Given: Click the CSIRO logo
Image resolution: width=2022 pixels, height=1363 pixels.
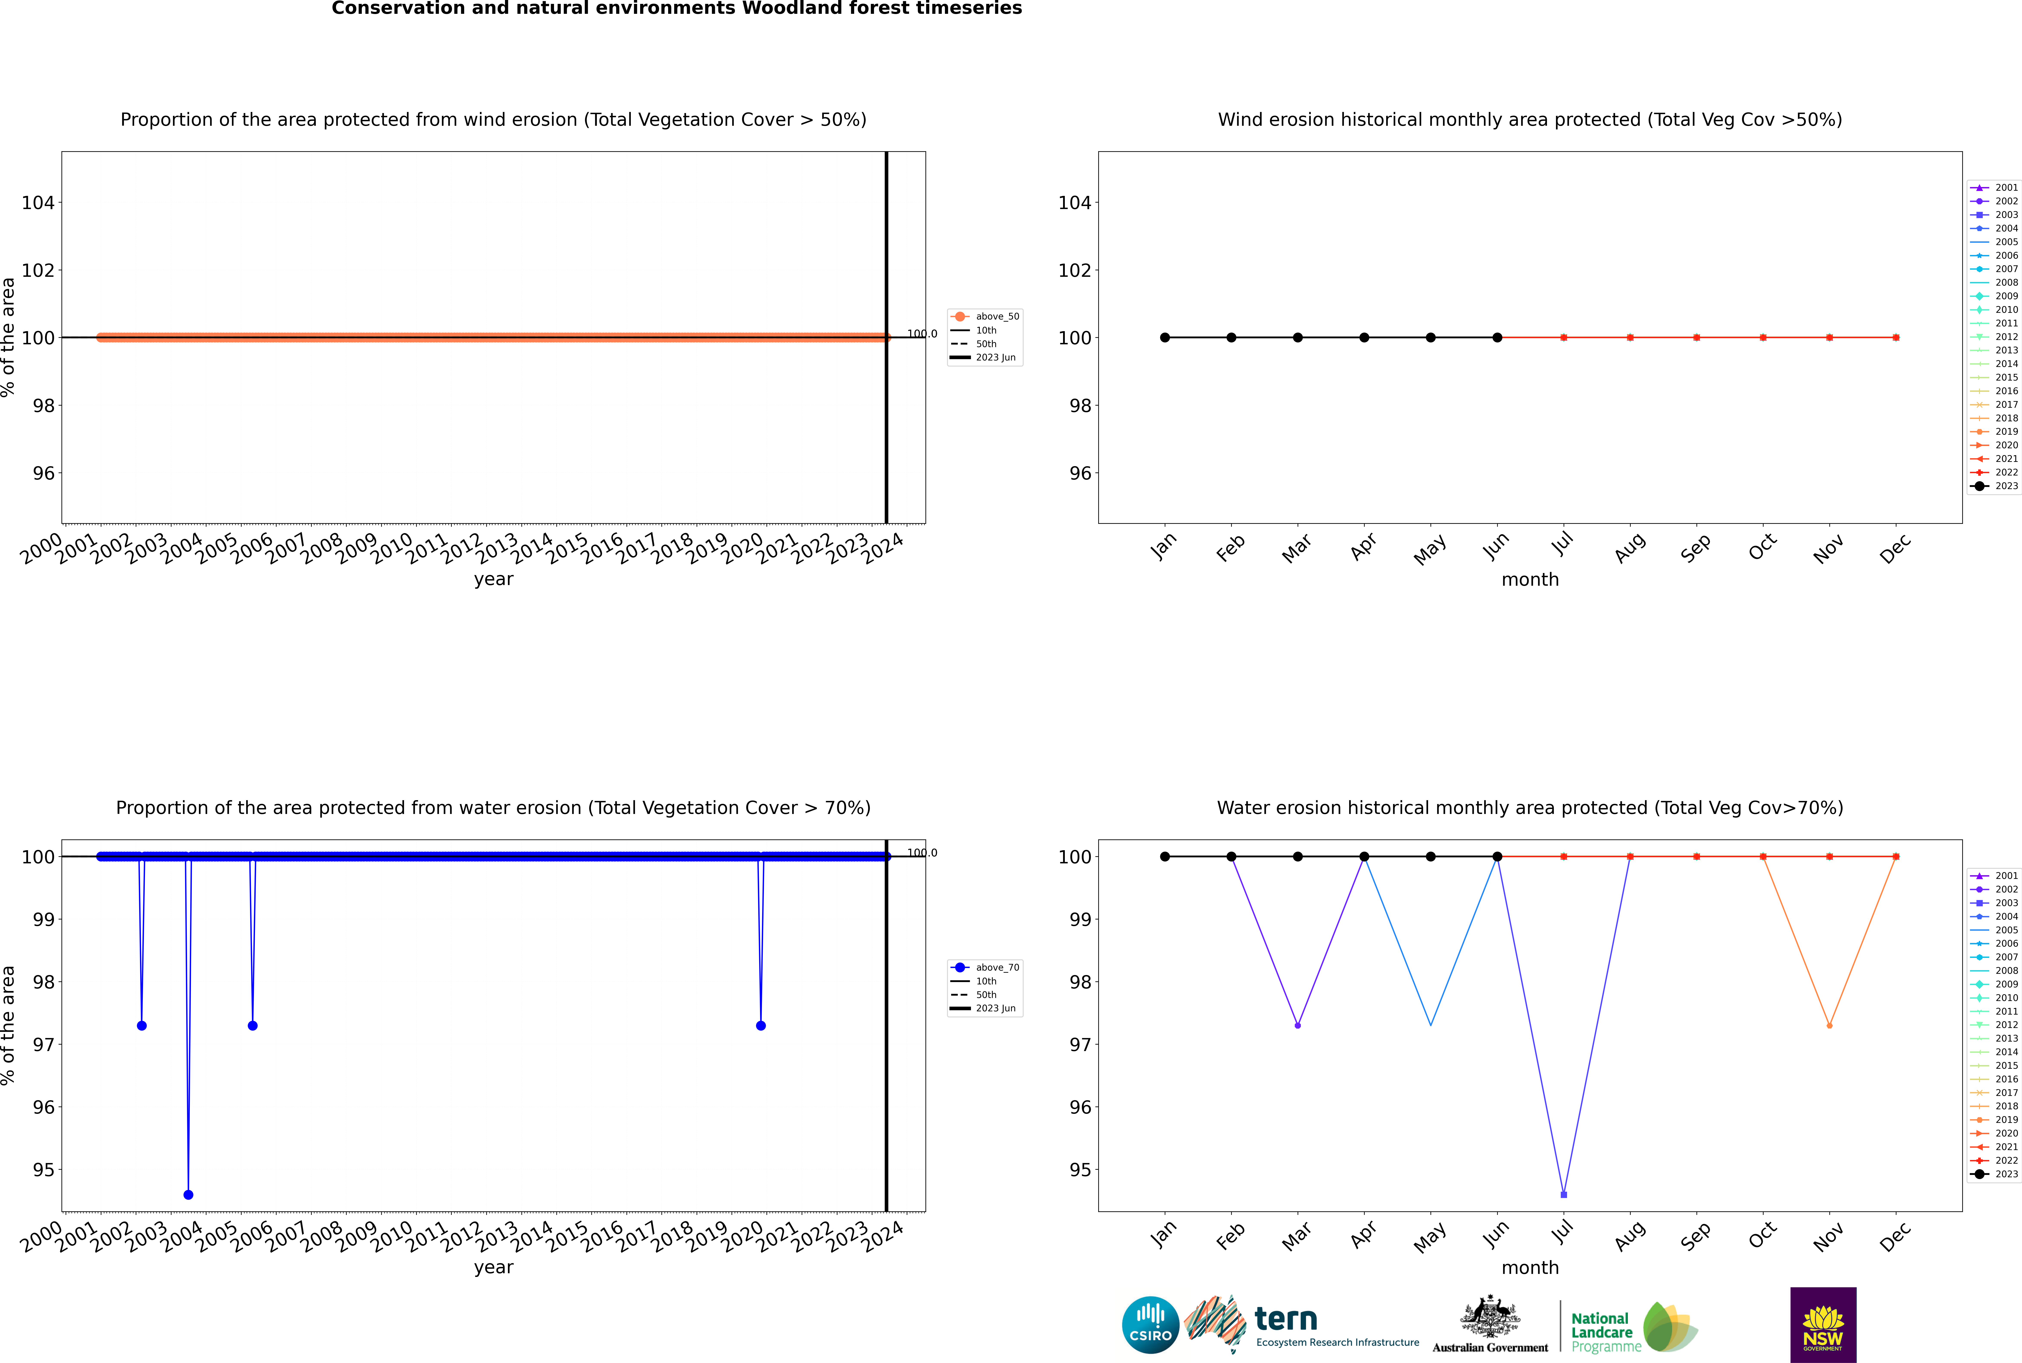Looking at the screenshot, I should tap(1150, 1325).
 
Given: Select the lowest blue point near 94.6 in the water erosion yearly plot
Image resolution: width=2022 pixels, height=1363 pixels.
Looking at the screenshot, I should tap(189, 1194).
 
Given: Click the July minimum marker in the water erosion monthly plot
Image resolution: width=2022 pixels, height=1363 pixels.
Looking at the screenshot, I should tap(1564, 1194).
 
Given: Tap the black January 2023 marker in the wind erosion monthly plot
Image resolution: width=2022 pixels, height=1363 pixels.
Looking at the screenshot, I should tap(1165, 337).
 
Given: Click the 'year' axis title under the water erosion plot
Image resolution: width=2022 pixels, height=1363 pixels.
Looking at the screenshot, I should tap(494, 1267).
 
